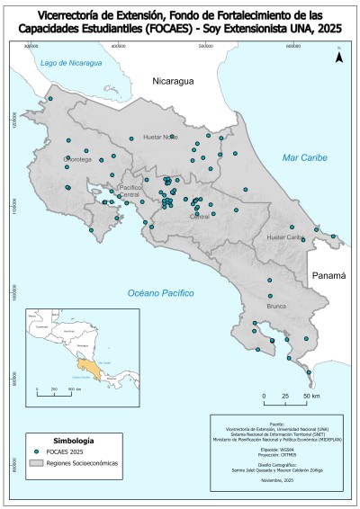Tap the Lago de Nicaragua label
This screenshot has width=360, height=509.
68,64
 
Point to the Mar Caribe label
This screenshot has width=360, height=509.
303,157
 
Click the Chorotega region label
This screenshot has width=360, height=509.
53,158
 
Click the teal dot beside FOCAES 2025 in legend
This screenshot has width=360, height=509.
36,451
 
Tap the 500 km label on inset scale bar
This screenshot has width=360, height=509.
72,388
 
